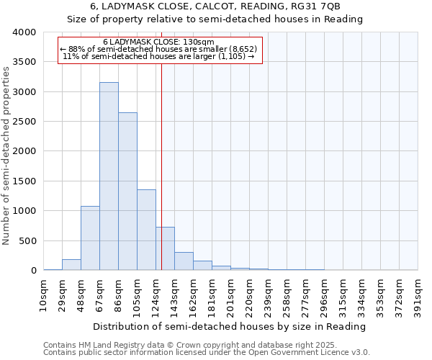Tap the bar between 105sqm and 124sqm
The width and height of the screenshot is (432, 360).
(x=146, y=230)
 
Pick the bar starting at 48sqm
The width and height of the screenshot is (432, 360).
(x=90, y=238)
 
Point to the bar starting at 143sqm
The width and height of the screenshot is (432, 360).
(x=184, y=261)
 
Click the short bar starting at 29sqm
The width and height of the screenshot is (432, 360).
(x=71, y=265)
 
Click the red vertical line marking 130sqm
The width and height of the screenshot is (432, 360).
(x=161, y=144)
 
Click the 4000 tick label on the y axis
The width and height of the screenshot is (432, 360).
(x=24, y=33)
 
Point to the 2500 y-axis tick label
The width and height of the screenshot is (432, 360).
(x=24, y=122)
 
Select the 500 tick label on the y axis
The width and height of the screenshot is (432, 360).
(x=27, y=240)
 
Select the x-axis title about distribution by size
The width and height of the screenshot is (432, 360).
(x=230, y=326)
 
